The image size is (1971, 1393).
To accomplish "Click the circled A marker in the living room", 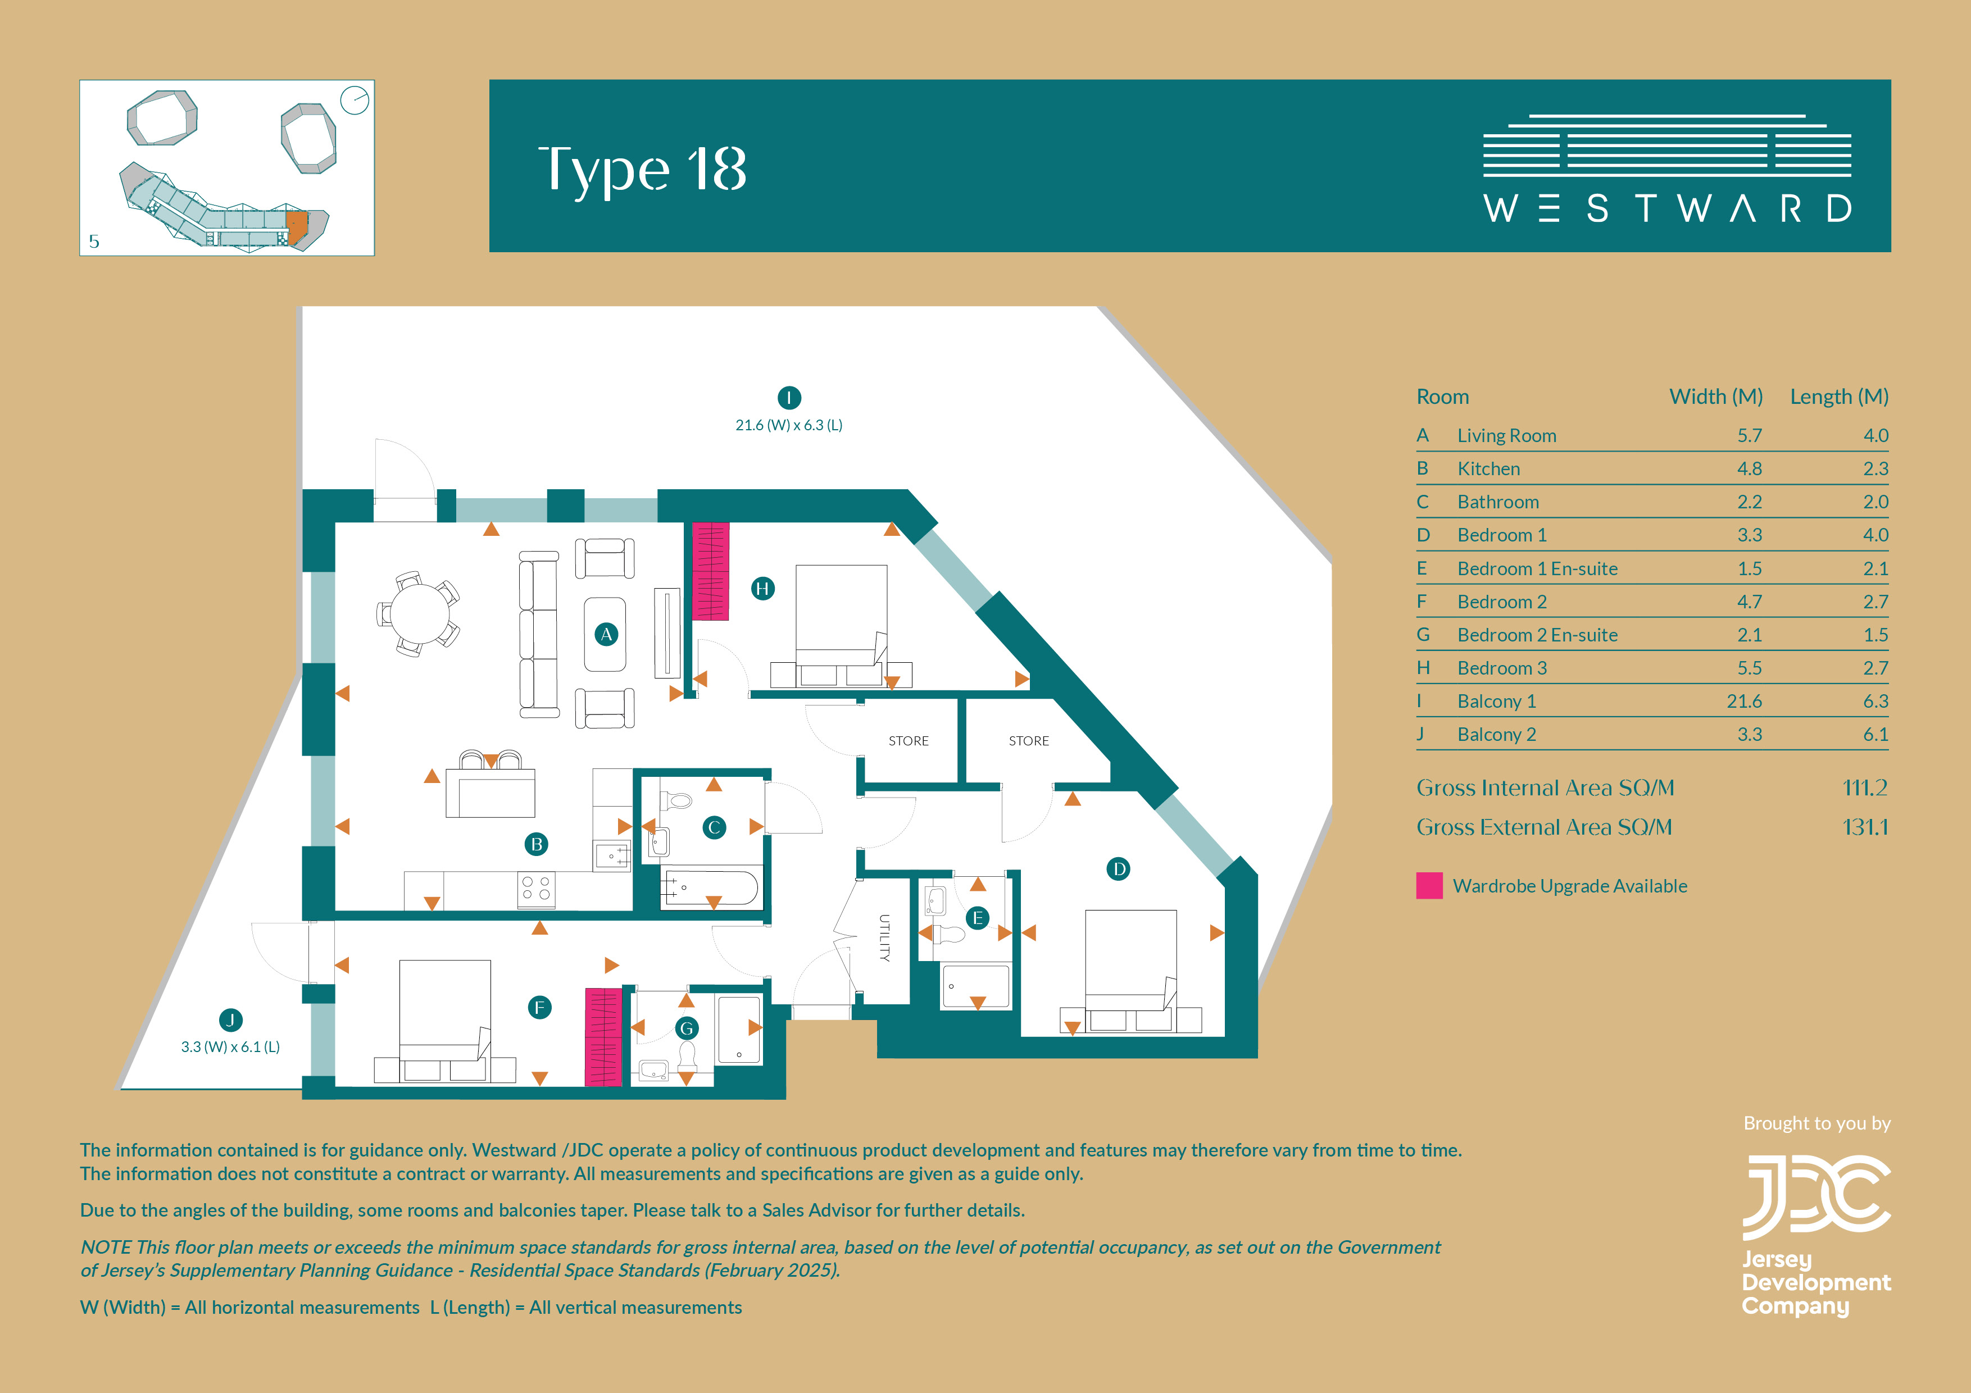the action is [606, 634].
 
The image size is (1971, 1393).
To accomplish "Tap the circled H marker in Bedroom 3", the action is [762, 589].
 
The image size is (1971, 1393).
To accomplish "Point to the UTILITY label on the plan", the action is [884, 937].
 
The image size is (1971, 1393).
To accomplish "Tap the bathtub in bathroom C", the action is [710, 889].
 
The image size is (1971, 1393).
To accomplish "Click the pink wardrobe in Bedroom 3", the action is [710, 571].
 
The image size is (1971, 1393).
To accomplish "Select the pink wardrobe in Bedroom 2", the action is [603, 1037].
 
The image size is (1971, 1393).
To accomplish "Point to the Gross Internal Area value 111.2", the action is [1865, 788].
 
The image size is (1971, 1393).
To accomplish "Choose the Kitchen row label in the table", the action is [1488, 468].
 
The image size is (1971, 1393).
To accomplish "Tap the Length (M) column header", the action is [1839, 397].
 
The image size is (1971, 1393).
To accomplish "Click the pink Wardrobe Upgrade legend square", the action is [1429, 886].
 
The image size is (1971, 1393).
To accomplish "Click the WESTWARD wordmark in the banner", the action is [1667, 208].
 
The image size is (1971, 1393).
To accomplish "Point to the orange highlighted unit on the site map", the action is [296, 227].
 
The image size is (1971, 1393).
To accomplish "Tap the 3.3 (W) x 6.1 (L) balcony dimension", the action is [230, 1047].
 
